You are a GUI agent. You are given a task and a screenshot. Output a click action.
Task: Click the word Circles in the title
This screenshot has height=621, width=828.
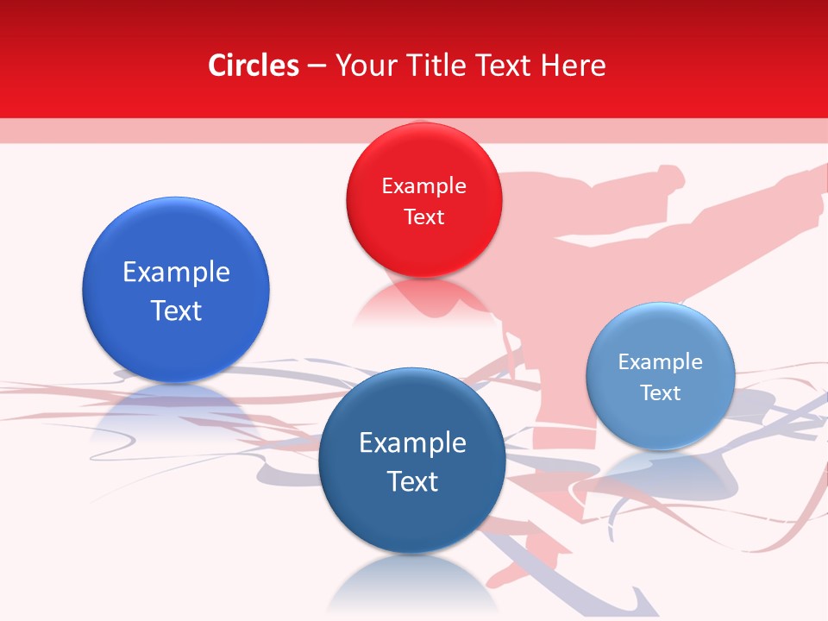click(253, 66)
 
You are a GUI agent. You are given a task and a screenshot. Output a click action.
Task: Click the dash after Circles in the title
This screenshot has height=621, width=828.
click(317, 66)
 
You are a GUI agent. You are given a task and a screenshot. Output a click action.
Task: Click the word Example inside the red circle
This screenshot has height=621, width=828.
click(423, 186)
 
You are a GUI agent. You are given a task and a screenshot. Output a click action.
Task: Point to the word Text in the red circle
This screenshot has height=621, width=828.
click(423, 216)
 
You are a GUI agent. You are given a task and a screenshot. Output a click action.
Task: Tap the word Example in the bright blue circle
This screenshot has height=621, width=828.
click(176, 273)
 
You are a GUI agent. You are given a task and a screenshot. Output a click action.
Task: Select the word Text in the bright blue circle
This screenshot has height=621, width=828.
click(176, 310)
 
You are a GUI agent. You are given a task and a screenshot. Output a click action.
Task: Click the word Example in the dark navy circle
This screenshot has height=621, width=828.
click(412, 443)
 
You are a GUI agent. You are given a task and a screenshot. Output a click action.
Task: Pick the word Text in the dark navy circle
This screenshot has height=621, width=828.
click(412, 481)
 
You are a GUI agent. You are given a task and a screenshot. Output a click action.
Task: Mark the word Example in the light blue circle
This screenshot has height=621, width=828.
click(661, 362)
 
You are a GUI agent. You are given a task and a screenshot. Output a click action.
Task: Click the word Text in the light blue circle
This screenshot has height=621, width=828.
click(661, 393)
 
